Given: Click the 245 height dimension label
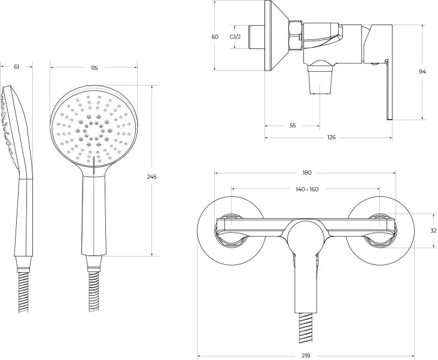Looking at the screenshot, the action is pos(152,176).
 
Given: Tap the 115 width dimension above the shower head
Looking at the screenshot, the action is pos(94,68).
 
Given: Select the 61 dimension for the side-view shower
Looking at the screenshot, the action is pos(17,67).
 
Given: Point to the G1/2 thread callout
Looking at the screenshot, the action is pos(235,36).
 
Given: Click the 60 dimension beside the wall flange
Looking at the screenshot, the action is pos(215,36).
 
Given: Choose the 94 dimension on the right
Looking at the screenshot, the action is pos(422,71).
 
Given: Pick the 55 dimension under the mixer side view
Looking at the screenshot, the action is pos(293,126).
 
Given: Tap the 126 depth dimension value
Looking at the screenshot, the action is pos(331,138).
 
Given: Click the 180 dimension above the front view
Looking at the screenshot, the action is pos(307,173).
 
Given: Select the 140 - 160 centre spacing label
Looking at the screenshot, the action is pos(307,190).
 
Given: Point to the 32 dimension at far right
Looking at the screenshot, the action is pos(434,230).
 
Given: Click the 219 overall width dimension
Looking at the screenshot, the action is pos(306,356).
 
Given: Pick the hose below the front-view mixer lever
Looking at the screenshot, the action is pos(306,328).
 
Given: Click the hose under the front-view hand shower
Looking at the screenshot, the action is pos(94,292).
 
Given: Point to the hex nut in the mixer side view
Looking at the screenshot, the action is pos(296,35).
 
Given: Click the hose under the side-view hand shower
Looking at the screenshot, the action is pos(23,293).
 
